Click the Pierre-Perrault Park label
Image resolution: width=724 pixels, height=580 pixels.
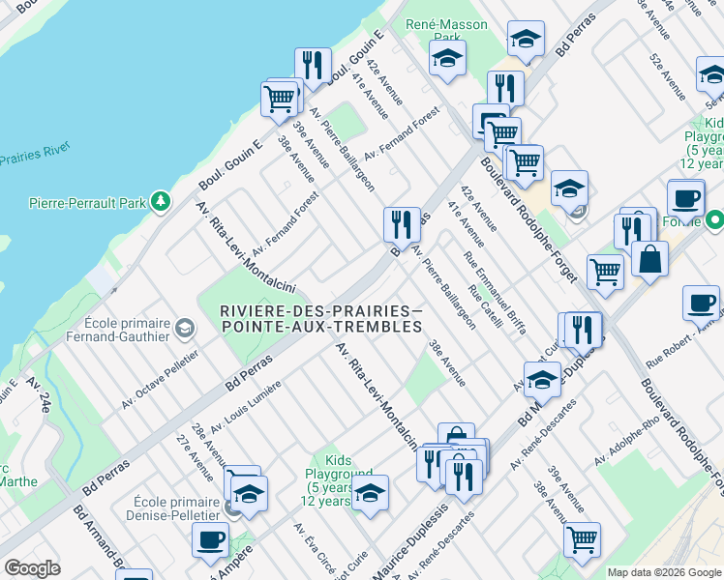[85, 203]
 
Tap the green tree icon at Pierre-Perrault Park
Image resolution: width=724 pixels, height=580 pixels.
[159, 202]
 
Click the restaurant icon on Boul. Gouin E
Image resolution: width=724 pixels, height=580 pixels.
[312, 65]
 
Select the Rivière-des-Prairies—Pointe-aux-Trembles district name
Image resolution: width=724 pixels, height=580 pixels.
[321, 318]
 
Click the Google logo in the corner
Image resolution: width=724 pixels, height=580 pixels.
[32, 568]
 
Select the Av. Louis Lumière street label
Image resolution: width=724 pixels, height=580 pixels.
[246, 406]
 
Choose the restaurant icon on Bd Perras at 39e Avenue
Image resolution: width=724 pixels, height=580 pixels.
[400, 224]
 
